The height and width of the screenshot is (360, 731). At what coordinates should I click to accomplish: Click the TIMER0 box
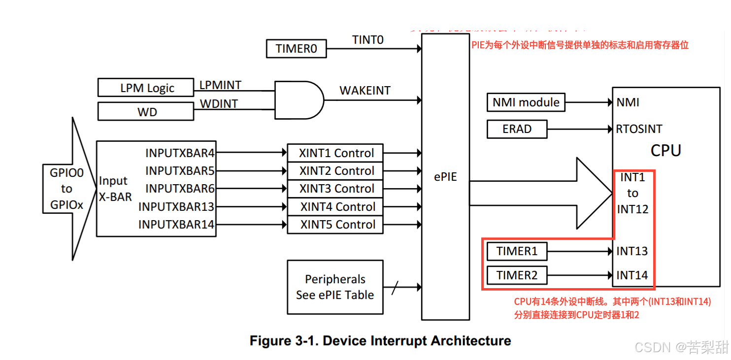tap(296, 49)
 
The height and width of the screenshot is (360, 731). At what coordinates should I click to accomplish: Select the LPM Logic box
tap(146, 88)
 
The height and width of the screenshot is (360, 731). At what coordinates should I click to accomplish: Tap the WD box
tap(146, 111)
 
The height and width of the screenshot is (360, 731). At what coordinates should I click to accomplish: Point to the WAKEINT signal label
tap(365, 91)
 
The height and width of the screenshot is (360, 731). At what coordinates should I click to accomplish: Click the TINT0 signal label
tap(367, 40)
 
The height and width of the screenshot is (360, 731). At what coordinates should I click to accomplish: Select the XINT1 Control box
tap(335, 153)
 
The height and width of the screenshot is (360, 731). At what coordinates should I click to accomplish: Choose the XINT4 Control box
tap(335, 207)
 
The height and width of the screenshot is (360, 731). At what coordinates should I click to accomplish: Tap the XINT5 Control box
tap(335, 225)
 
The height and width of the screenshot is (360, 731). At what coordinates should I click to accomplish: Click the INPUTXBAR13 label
tap(176, 207)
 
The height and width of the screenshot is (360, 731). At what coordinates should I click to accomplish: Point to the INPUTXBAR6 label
tap(180, 189)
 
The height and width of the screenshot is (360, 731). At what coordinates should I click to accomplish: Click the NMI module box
tap(526, 102)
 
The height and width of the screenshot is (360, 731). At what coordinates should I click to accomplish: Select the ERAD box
tap(517, 129)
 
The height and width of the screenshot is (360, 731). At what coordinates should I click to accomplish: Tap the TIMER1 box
tap(517, 251)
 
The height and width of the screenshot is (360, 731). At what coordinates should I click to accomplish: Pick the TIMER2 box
tap(517, 275)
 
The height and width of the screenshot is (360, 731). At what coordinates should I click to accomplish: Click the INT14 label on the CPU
tap(632, 275)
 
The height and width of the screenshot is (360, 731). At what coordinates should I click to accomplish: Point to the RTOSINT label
tap(639, 129)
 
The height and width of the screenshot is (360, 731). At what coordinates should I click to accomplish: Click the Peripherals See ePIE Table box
tap(335, 287)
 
